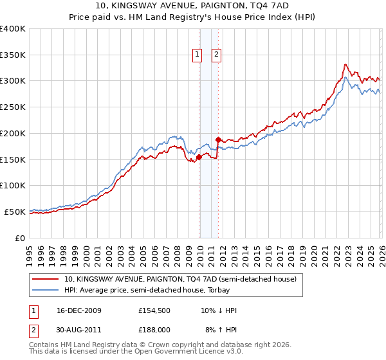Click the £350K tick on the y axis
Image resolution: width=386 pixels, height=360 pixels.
coord(13,55)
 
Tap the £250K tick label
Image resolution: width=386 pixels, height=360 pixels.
coord(13,107)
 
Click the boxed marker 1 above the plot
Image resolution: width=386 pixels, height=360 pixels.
coord(197,55)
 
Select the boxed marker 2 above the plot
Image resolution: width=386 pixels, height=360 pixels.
coord(216,55)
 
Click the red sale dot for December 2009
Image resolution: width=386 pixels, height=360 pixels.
coord(199,156)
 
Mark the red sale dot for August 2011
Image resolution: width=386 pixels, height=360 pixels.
coord(219,139)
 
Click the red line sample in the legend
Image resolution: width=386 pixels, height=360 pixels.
coord(46,280)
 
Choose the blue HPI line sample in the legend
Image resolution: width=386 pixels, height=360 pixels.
coord(46,290)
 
